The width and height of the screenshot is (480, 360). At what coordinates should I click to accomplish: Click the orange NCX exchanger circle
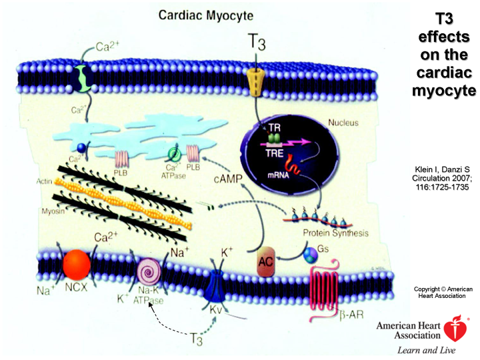(x=76, y=265)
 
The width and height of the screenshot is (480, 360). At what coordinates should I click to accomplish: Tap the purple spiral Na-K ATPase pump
(x=148, y=273)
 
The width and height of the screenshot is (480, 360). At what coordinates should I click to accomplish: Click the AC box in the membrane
(x=266, y=266)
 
